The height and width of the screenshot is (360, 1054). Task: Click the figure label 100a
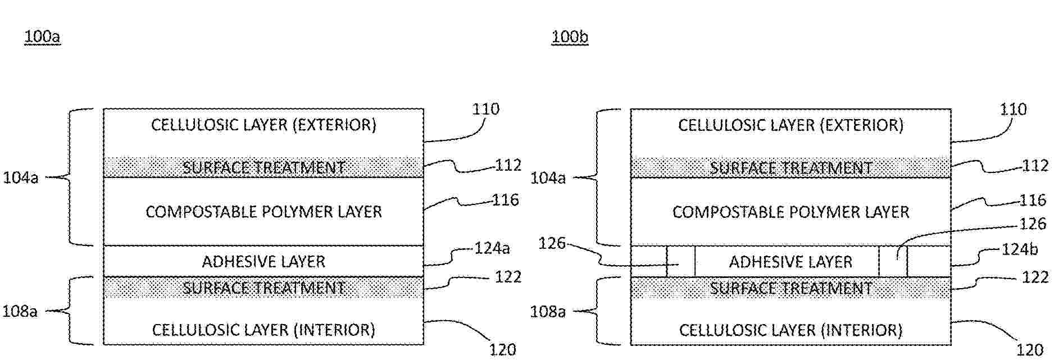point(42,37)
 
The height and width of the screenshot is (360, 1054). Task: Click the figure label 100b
point(570,37)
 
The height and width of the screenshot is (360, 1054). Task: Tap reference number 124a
point(492,248)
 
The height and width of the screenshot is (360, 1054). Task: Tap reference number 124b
point(1020,249)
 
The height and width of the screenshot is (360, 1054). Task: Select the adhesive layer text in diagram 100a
point(263,262)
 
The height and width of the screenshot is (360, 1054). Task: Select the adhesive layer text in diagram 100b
point(790,262)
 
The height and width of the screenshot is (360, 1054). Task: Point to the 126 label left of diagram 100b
point(553,243)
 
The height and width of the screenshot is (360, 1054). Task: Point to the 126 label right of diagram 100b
point(1033,224)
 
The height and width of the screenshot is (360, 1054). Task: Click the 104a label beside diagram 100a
point(21,178)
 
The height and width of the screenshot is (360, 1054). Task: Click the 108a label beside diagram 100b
point(548,311)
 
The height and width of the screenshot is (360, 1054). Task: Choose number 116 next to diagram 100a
point(505,200)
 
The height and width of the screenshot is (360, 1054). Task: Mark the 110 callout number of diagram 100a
point(485,109)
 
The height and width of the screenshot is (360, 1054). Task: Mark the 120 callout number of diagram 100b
point(1030,350)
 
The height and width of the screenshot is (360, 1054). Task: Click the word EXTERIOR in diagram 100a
point(335,125)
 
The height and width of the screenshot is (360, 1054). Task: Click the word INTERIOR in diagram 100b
point(862,330)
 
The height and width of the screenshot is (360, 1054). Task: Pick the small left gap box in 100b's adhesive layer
point(681,261)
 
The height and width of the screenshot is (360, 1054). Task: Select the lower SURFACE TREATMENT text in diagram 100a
point(263,288)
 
